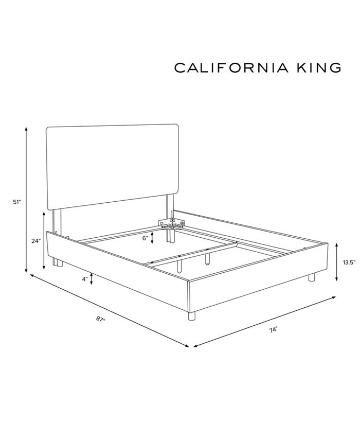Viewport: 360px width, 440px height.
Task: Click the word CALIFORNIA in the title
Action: pos(228,68)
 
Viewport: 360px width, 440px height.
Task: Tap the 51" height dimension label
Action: pos(17,202)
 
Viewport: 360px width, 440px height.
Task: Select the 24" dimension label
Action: pos(35,241)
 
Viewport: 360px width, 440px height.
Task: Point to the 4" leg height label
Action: pos(83,279)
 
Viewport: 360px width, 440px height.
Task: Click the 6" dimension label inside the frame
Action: pos(145,238)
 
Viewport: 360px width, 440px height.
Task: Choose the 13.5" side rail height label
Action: pos(349,262)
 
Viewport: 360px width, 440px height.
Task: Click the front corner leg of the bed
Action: pos(191,315)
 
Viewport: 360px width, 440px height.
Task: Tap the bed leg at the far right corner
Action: pos(311,277)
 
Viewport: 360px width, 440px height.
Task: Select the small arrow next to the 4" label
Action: pos(91,279)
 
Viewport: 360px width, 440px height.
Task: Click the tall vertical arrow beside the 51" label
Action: pos(26,200)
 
